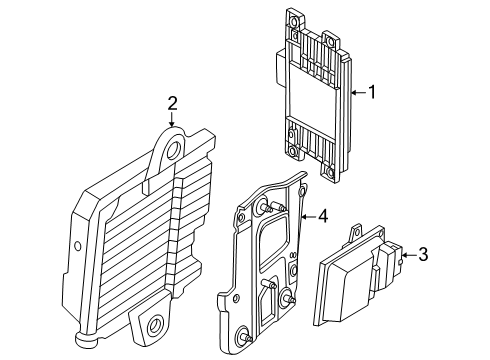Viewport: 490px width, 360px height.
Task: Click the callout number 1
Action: point(371,94)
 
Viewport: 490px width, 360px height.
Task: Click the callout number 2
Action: point(172,102)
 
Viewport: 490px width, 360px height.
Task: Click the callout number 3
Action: point(422,255)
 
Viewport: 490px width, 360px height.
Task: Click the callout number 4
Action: point(323,215)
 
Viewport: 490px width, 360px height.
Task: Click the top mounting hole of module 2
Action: point(175,150)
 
